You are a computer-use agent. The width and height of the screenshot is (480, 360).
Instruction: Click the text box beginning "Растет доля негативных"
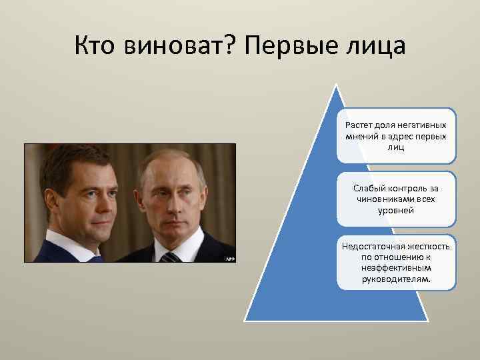396,136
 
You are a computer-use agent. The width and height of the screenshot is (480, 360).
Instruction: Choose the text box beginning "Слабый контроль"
396,199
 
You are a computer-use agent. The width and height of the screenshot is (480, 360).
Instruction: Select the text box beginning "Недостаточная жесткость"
396,262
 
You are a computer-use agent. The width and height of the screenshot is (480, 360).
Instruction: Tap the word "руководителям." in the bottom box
396,280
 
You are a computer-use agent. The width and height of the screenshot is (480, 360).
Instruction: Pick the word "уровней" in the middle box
396,210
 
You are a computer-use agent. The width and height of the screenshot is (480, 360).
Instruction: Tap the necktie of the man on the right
171,257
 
